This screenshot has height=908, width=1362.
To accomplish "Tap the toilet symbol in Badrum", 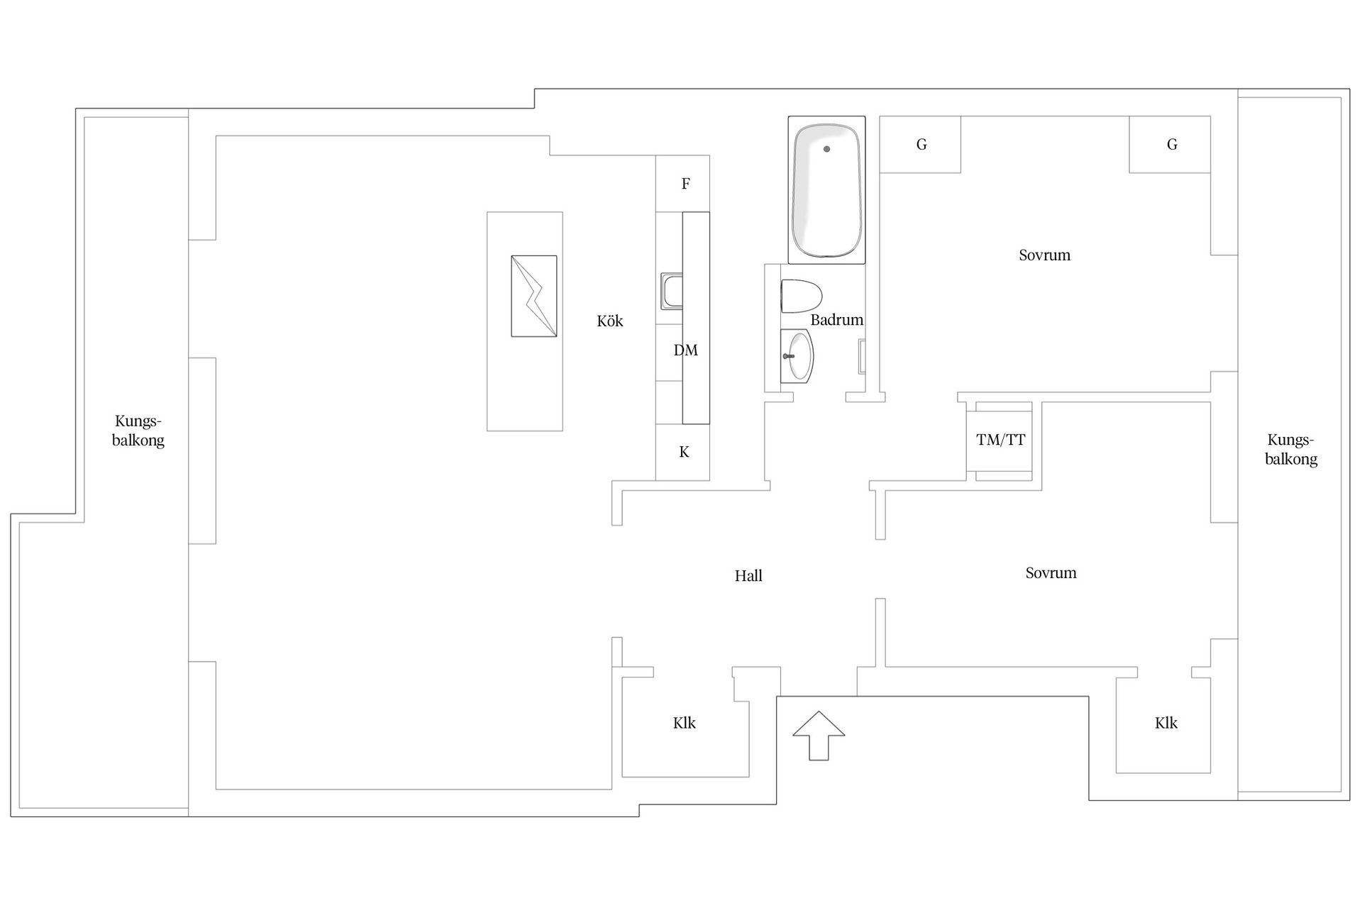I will [x=801, y=296].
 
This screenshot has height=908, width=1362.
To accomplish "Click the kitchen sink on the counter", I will [x=672, y=292].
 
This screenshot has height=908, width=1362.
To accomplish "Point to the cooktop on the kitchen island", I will [x=533, y=296].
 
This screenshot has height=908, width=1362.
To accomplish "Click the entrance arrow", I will [x=819, y=735].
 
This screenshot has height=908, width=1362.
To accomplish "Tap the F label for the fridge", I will [x=685, y=184].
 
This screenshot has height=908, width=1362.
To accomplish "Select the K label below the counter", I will [x=684, y=453].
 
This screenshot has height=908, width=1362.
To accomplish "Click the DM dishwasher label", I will [x=685, y=350].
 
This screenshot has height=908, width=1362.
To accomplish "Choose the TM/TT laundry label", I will [x=1000, y=441].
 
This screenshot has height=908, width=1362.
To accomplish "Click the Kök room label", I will [x=609, y=321].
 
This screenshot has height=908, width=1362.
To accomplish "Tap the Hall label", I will [x=748, y=576].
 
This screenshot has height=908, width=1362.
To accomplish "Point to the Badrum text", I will [x=836, y=320].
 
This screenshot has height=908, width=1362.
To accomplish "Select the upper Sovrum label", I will [x=1044, y=255].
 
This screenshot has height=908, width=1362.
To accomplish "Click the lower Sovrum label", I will [x=1051, y=573].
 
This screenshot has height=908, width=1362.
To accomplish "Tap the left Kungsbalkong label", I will [x=138, y=431].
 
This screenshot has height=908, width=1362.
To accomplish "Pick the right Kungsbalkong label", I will [x=1290, y=449].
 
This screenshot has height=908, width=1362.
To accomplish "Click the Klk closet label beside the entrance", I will [x=684, y=724].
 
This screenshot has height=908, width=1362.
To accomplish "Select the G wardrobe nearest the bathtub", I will [x=921, y=145].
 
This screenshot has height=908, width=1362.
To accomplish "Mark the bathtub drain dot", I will [x=826, y=149].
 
